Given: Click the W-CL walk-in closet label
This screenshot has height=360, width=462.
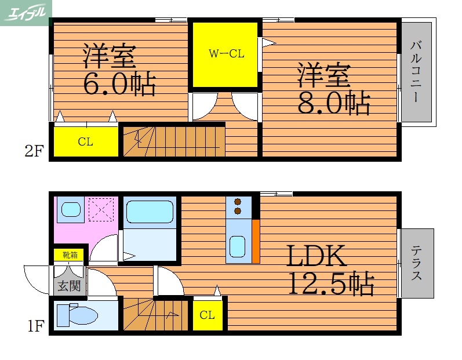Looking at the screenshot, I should click(226, 54).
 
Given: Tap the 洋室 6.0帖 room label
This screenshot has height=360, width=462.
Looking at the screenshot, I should click(118, 70).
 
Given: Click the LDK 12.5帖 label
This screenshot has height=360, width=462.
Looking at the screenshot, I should click(330, 270).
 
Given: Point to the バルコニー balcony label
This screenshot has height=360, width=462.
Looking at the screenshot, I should click(416, 71).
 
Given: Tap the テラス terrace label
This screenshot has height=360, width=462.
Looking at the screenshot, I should click(416, 263).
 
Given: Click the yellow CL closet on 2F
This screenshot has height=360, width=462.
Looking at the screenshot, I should click(86, 141).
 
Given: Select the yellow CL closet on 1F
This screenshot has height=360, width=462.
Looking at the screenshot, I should click(207, 315).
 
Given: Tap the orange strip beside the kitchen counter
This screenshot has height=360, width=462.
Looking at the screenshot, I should click(255, 240).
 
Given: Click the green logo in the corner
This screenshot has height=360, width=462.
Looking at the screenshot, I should click(26, 11).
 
